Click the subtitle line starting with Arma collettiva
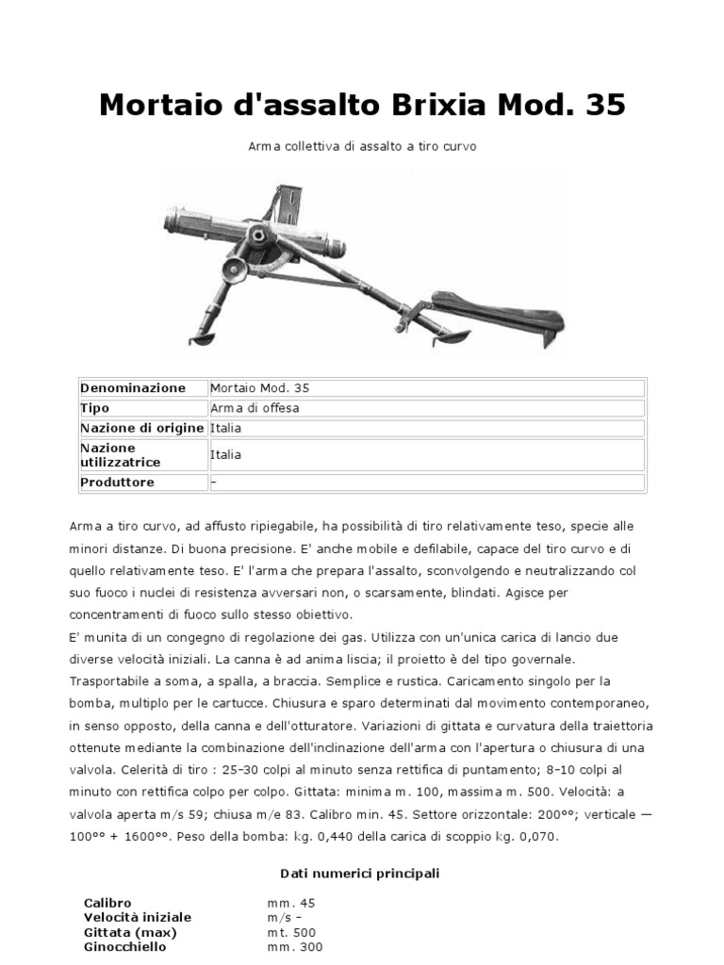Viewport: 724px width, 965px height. coord(361,147)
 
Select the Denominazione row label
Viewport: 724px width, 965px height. coord(133,388)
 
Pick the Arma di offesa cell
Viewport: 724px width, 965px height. coord(255,408)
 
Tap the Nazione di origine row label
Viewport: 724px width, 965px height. coord(141,428)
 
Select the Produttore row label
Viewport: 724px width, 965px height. coord(117,482)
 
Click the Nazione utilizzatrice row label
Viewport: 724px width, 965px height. coord(121,455)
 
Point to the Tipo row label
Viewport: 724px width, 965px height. coord(94,408)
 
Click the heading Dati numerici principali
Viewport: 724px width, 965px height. coord(360,874)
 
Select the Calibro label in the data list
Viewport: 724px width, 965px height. coord(107,902)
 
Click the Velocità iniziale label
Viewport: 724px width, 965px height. coord(137,917)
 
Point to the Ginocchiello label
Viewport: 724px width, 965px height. coord(124,947)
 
